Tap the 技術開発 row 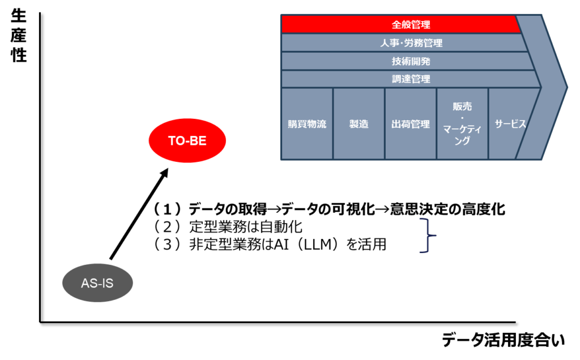408,61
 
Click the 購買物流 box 307,124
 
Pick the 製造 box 359,124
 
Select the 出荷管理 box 411,124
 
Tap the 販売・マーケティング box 462,124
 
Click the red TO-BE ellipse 187,141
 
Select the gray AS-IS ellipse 97,282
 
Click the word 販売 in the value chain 462,106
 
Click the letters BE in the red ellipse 198,141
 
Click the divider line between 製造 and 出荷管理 385,124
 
